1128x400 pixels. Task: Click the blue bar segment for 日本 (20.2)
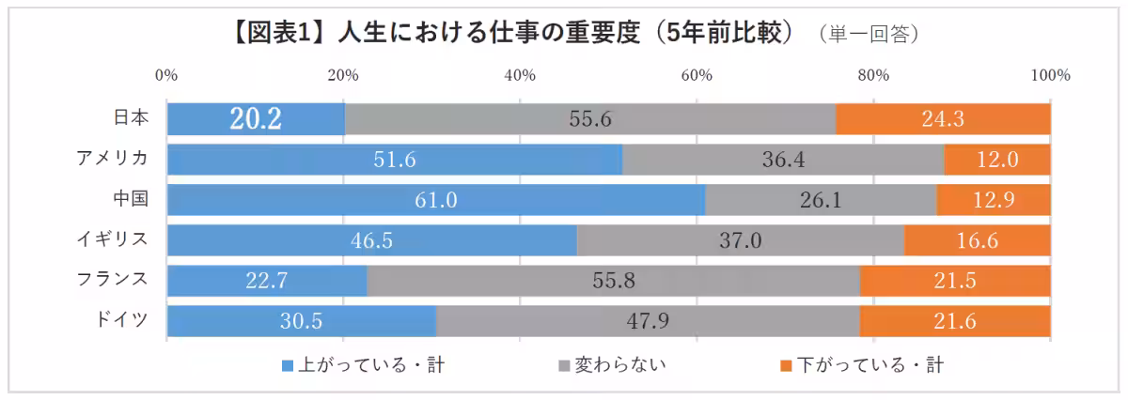pos(256,119)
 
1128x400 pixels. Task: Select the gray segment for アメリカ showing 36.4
pos(783,160)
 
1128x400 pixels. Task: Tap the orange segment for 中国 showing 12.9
pos(994,200)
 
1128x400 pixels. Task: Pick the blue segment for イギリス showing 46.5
pos(372,240)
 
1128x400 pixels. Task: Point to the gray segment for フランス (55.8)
pos(613,281)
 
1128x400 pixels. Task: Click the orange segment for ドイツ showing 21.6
pos(955,320)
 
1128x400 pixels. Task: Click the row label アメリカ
pos(114,159)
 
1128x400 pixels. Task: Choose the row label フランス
pos(114,279)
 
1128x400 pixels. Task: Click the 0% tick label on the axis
pos(166,76)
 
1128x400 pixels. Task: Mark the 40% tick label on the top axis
pos(520,76)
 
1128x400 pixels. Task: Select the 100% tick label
pos(1050,76)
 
